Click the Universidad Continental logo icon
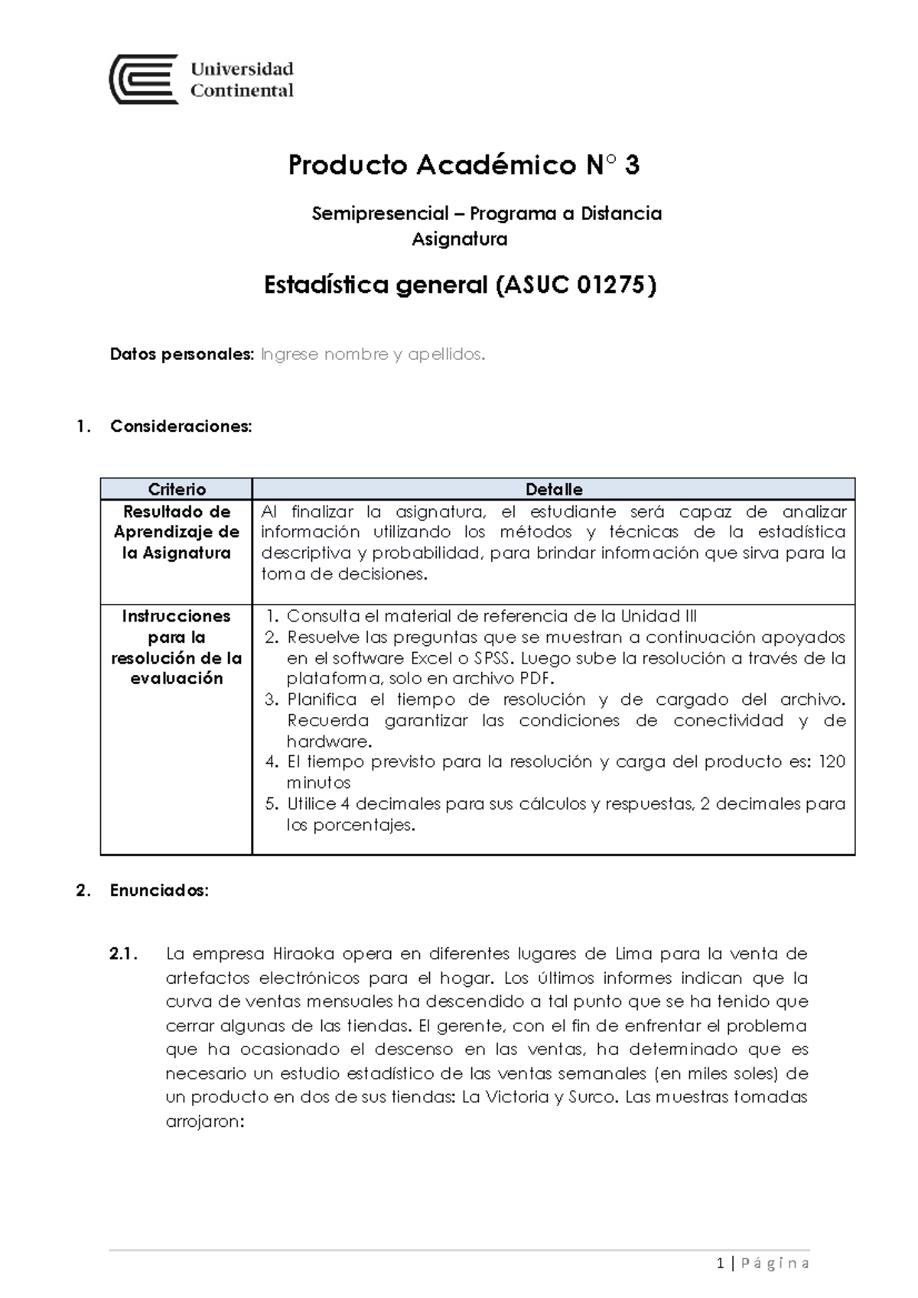[144, 79]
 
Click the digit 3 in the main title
[632, 165]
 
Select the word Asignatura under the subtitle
[459, 239]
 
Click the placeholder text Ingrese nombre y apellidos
[373, 355]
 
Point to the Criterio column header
[177, 489]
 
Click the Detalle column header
[554, 489]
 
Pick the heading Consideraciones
[181, 427]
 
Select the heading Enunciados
[159, 891]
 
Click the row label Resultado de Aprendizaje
[177, 522]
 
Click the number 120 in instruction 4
[832, 761]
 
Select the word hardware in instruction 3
[328, 741]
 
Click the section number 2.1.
[123, 954]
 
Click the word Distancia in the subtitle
[621, 213]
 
